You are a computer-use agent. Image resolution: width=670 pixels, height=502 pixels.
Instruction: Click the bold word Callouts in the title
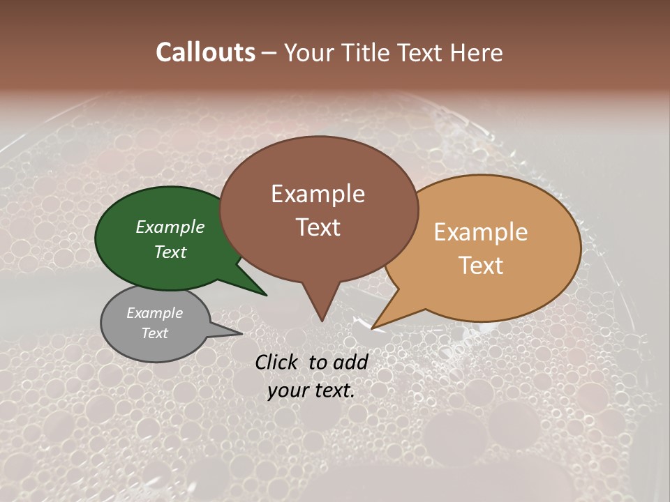[x=205, y=52]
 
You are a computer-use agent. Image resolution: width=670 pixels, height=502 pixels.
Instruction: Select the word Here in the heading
[x=477, y=52]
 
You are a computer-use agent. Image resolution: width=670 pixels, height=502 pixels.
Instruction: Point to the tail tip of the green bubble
[x=265, y=294]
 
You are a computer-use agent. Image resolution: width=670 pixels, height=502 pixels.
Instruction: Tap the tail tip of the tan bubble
[x=372, y=328]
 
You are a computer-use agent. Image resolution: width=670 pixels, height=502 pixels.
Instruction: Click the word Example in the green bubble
[x=170, y=227]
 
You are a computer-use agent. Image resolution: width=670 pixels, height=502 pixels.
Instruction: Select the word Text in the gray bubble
[x=155, y=333]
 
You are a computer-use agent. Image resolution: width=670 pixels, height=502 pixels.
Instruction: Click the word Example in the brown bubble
[x=318, y=194]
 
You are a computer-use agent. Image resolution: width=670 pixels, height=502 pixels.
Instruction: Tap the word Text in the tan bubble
[x=481, y=266]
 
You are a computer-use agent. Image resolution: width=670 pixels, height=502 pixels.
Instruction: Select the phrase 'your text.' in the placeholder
[x=311, y=390]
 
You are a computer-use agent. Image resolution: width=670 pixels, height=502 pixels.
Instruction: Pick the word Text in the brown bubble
[x=318, y=227]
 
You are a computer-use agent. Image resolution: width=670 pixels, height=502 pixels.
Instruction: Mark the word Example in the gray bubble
[x=155, y=313]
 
